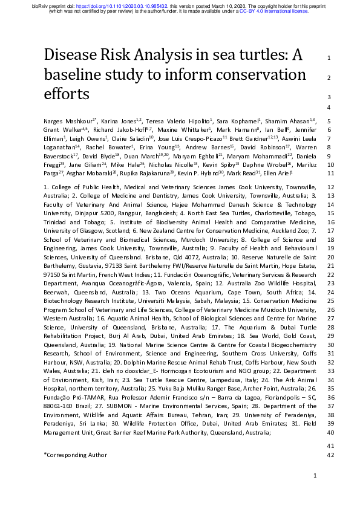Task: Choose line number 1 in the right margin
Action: tap(327, 58)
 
